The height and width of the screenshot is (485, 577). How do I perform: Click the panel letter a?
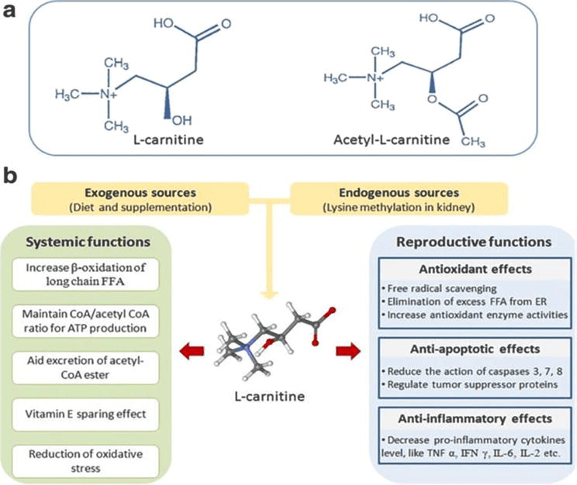pos(11,12)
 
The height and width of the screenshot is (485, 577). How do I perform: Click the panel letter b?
pos(12,177)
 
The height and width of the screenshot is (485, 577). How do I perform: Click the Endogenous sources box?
pos(399,199)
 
